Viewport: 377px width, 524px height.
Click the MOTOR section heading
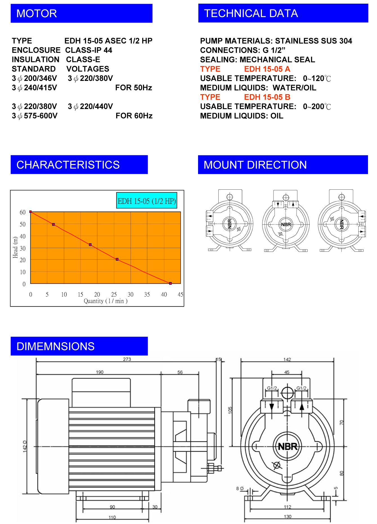pyautogui.click(x=37, y=13)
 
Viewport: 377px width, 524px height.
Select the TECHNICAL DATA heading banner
pyautogui.click(x=251, y=13)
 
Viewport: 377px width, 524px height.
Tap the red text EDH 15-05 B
pyautogui.click(x=267, y=97)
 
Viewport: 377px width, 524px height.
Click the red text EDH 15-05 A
pyautogui.click(x=267, y=69)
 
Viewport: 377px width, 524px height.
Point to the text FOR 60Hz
pyautogui.click(x=134, y=116)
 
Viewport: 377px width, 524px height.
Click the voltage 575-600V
pyautogui.click(x=41, y=116)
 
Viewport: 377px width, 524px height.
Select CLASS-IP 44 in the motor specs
pyautogui.click(x=89, y=50)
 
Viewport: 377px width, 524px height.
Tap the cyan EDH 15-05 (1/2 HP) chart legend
pyautogui.click(x=147, y=201)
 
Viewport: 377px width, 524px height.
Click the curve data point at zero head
pyautogui.click(x=170, y=283)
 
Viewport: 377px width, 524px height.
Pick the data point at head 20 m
pyautogui.click(x=117, y=259)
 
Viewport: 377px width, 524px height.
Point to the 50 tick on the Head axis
pyautogui.click(x=23, y=224)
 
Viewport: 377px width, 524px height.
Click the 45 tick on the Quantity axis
pyautogui.click(x=180, y=294)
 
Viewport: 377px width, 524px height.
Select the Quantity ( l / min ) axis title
pyautogui.click(x=106, y=301)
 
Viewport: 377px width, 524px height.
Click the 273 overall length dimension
pyautogui.click(x=127, y=359)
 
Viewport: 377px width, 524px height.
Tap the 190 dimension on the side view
pyautogui.click(x=100, y=372)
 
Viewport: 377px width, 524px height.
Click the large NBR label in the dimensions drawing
pyautogui.click(x=287, y=446)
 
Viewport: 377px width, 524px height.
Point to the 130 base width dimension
pyautogui.click(x=288, y=516)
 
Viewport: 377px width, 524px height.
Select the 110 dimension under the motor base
pyautogui.click(x=112, y=517)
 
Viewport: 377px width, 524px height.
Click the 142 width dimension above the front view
pyautogui.click(x=287, y=359)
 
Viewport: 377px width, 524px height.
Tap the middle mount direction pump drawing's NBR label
pyautogui.click(x=286, y=224)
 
